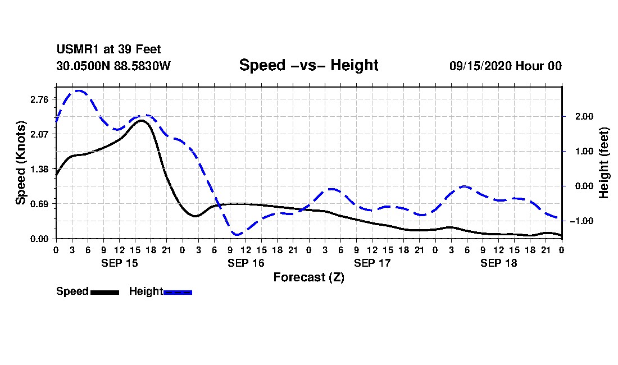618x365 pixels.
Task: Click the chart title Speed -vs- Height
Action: [x=308, y=65]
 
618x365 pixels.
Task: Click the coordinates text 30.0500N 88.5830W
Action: [x=113, y=66]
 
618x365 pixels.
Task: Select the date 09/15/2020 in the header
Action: [x=480, y=66]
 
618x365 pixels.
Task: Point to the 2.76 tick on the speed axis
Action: [x=39, y=99]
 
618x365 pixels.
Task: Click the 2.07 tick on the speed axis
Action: [x=39, y=134]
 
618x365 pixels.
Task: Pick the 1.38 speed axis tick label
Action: [x=39, y=170]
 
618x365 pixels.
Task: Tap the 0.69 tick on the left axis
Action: [x=39, y=204]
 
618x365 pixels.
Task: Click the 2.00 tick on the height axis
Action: [x=584, y=117]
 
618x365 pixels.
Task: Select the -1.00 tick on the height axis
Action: [x=581, y=221]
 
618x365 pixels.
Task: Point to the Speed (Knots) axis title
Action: [x=20, y=163]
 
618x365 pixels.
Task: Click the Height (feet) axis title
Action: [x=603, y=163]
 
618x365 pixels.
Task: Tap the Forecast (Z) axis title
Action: [x=309, y=277]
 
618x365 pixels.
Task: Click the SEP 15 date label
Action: [x=120, y=263]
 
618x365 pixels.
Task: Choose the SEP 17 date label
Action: [x=372, y=263]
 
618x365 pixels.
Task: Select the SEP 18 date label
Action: [x=498, y=263]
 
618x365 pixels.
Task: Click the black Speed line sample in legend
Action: [x=105, y=292]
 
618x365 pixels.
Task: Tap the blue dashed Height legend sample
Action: [x=178, y=292]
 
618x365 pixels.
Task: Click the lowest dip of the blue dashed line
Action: [x=237, y=235]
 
